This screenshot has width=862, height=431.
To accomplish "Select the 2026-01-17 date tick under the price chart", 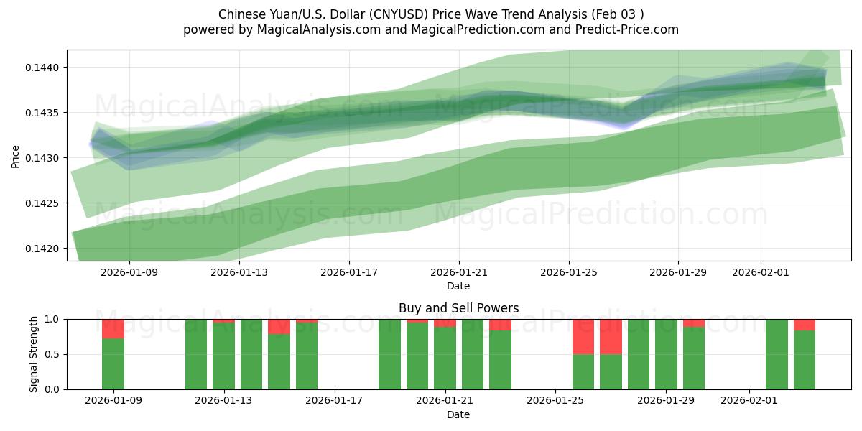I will click(348, 272).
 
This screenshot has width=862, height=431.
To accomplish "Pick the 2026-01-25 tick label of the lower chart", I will click(555, 401).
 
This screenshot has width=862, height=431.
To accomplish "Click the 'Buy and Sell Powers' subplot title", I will click(458, 308).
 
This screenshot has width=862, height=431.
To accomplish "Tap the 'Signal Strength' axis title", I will click(34, 354).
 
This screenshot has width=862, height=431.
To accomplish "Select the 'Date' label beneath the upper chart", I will click(458, 286).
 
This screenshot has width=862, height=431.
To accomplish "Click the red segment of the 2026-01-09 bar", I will click(113, 328).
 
